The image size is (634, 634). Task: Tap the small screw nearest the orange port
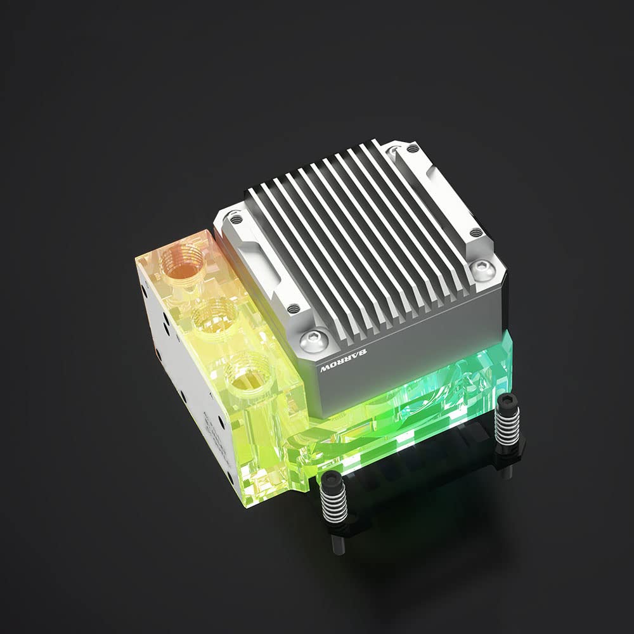coord(236,219)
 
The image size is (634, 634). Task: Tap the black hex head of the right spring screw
coord(508,401)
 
